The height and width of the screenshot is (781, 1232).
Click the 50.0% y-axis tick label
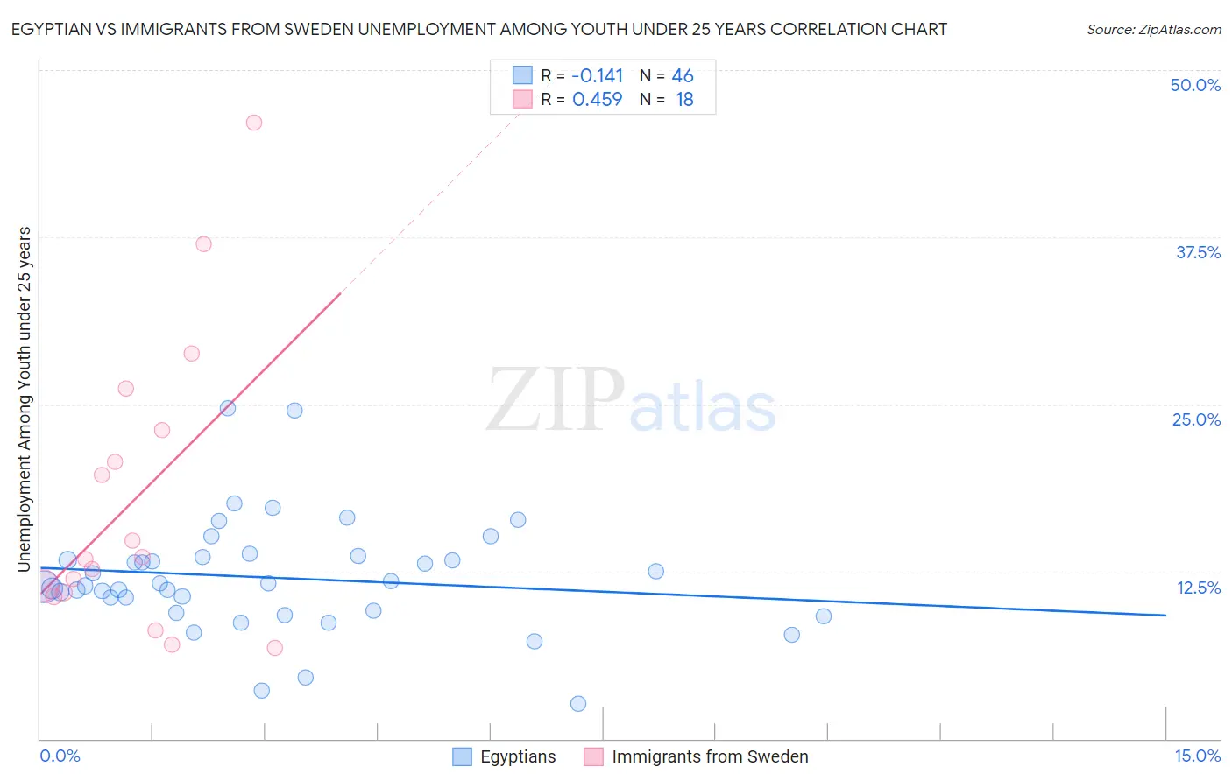coord(1195,85)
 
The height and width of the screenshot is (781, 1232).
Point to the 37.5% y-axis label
coord(1198,252)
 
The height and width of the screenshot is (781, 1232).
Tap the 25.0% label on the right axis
coord(1196,419)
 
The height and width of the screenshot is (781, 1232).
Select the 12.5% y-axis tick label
coord(1198,588)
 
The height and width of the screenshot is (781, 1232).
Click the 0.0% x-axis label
coord(60,756)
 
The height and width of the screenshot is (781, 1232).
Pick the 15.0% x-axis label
coord(1197,756)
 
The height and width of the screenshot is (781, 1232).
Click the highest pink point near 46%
coord(254,123)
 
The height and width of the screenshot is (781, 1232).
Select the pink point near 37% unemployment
coord(203,244)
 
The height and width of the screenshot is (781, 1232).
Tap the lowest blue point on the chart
coord(578,704)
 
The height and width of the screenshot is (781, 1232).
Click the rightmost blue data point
coord(824,616)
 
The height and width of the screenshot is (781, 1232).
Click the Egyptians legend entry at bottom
coord(517,757)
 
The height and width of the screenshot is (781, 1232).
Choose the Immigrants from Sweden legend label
coord(710,757)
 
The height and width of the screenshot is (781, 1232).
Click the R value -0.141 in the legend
coord(597,76)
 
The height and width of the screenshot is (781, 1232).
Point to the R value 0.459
coord(597,100)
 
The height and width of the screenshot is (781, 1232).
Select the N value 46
coord(683,76)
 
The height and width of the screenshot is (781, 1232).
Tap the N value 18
coord(684,100)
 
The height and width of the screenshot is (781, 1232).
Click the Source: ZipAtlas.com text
coord(1153,30)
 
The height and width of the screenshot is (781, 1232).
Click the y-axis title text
coord(25,399)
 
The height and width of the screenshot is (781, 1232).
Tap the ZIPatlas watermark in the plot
coord(631,400)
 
